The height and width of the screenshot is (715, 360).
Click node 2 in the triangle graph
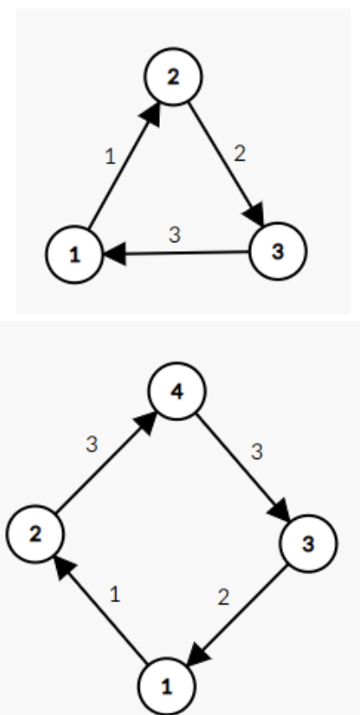coord(173,77)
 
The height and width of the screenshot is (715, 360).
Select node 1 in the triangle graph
coord(75,255)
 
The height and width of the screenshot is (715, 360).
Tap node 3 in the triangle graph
coord(278,251)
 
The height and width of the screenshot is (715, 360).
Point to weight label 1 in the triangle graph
coord(111,157)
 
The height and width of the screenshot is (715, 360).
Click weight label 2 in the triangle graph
coord(239,154)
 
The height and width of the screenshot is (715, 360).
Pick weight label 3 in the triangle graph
coord(175,234)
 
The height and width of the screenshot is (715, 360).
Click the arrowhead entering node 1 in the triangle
coord(115,253)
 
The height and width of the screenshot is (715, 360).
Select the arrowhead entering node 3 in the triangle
coord(255,213)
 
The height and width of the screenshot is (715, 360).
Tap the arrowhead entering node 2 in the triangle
coord(152,114)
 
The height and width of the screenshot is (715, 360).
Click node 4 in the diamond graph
coord(177,391)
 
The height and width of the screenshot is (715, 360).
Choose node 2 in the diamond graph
coord(35,534)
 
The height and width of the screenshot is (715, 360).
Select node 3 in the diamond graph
coord(308,543)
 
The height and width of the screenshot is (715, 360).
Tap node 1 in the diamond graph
coord(167,687)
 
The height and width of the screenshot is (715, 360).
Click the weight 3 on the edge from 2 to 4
coord(91,444)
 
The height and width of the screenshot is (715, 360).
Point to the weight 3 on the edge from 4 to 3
coord(258,452)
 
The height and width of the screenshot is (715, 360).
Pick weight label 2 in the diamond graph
coord(224,597)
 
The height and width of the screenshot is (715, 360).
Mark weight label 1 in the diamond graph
coord(115,594)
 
